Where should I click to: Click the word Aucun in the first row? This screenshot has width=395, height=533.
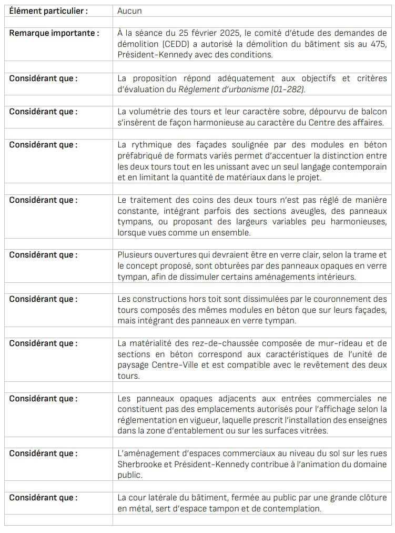point(129,11)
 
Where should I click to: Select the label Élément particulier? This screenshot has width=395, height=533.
point(48,11)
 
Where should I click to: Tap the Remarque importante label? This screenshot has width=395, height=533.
point(54,33)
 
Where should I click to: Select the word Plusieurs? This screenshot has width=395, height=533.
point(136,255)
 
